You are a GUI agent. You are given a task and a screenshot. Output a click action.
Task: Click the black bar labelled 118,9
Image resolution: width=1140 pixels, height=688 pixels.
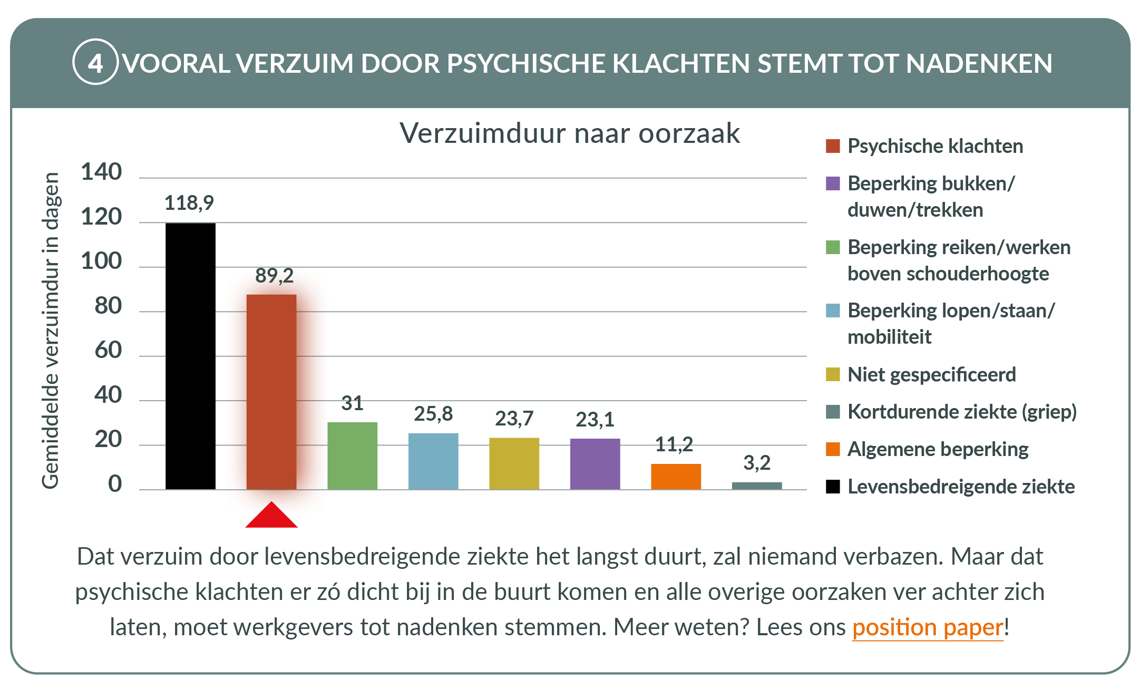[190, 356]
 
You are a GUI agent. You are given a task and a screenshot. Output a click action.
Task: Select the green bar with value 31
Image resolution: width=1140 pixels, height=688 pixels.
[353, 456]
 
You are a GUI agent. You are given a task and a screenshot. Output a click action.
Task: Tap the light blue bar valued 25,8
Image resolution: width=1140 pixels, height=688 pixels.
[433, 461]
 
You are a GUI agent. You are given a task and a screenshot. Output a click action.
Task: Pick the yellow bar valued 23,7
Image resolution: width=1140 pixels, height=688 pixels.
[514, 463]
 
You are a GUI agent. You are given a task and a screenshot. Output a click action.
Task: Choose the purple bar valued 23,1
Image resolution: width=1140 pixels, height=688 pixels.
[595, 464]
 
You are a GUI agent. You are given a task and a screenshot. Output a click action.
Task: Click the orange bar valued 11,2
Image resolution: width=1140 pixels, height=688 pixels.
[676, 477]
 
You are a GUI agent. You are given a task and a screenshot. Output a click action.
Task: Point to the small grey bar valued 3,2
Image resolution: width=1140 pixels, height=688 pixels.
[757, 486]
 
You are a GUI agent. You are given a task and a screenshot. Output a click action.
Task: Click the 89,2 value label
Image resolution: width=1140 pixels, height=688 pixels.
[274, 276]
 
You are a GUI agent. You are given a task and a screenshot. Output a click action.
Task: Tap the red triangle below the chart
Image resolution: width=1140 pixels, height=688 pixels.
[271, 517]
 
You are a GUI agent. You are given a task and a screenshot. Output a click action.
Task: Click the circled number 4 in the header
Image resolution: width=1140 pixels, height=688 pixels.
[95, 63]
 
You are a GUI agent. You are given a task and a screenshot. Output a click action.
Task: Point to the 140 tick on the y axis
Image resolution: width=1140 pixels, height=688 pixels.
[101, 172]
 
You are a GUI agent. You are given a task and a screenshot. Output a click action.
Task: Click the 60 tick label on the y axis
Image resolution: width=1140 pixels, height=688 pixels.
[108, 350]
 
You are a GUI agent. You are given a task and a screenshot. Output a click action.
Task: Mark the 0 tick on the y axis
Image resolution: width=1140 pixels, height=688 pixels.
[115, 483]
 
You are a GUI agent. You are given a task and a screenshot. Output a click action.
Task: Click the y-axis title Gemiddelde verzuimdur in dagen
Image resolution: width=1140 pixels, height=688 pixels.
[51, 331]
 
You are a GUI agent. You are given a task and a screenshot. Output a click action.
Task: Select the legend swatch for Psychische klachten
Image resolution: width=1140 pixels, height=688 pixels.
[833, 146]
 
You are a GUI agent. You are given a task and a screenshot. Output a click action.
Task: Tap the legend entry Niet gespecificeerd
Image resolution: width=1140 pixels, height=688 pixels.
[931, 375]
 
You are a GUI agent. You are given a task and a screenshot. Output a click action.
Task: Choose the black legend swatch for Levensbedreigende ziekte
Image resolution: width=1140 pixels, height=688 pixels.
[833, 486]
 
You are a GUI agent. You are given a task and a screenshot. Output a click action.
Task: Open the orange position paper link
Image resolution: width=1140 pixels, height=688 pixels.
[928, 627]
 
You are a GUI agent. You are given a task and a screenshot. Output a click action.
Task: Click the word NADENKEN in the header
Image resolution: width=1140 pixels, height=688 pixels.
[979, 63]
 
